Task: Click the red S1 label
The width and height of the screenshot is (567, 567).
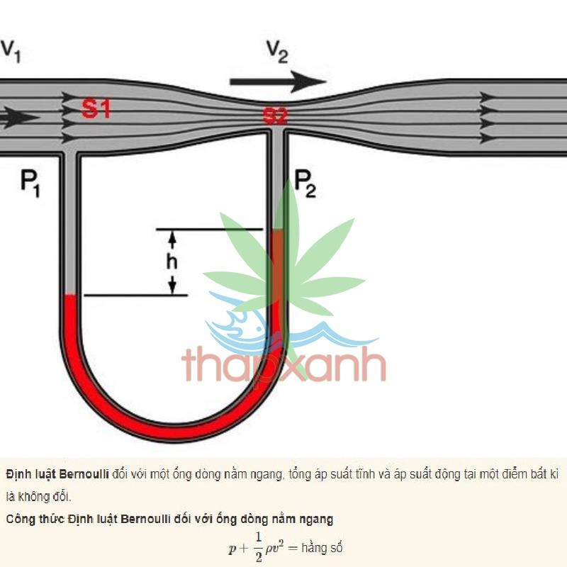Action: click(x=96, y=109)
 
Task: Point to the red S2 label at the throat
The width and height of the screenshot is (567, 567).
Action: click(x=275, y=116)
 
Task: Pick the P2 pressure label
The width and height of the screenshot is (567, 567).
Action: click(x=305, y=184)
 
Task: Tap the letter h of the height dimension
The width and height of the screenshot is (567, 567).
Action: click(x=172, y=262)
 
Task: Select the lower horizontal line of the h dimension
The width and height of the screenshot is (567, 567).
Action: click(x=135, y=295)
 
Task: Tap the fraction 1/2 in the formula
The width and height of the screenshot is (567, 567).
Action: click(x=258, y=548)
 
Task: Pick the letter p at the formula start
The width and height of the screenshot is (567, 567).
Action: click(x=231, y=549)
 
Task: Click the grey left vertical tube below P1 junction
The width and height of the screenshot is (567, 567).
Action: click(x=70, y=227)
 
